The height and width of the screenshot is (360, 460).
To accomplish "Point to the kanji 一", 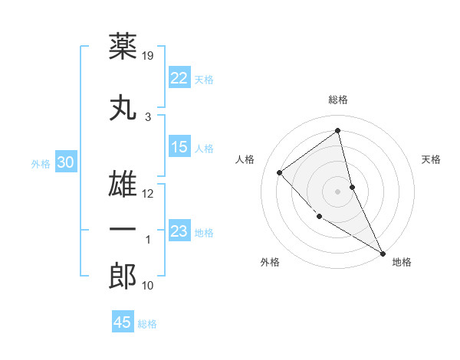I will tap(123, 229).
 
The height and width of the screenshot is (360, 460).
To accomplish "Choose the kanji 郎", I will tap(123, 277).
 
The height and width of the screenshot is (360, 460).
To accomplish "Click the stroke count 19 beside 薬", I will tap(149, 55).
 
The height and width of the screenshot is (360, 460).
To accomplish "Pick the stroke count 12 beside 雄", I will tap(148, 193).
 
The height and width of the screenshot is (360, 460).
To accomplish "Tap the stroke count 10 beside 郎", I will tap(148, 286).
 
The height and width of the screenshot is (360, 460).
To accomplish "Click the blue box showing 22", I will tap(179, 78).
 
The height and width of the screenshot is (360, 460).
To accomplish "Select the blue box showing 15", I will tap(179, 148).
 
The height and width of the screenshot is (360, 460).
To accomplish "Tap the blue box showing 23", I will tap(179, 231).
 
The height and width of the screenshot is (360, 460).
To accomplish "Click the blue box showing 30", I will tap(65, 162).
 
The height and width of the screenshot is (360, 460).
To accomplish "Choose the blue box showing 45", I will tap(123, 322).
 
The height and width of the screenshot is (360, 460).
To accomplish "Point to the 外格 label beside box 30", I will tap(41, 163).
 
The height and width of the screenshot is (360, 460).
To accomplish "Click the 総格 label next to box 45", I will tap(147, 324).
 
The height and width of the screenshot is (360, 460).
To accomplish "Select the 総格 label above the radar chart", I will tap(337, 100).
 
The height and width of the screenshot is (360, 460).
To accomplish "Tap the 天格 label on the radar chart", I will tap(432, 159).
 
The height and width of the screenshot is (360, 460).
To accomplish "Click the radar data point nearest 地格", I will tap(383, 253).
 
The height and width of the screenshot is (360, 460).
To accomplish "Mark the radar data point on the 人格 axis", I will tap(280, 172).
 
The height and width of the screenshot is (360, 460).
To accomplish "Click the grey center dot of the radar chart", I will tap(337, 191).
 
